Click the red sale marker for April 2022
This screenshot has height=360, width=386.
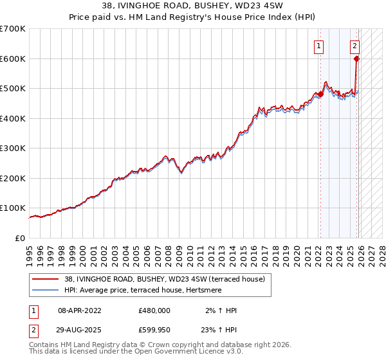(320, 94)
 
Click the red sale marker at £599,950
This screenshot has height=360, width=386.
(357, 59)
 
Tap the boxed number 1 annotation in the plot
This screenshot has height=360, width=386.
(318, 46)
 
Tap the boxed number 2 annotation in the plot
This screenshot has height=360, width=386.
(354, 46)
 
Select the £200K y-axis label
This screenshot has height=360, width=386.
(13, 179)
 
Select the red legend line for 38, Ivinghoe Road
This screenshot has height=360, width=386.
(46, 279)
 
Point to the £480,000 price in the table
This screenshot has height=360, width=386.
(154, 310)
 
